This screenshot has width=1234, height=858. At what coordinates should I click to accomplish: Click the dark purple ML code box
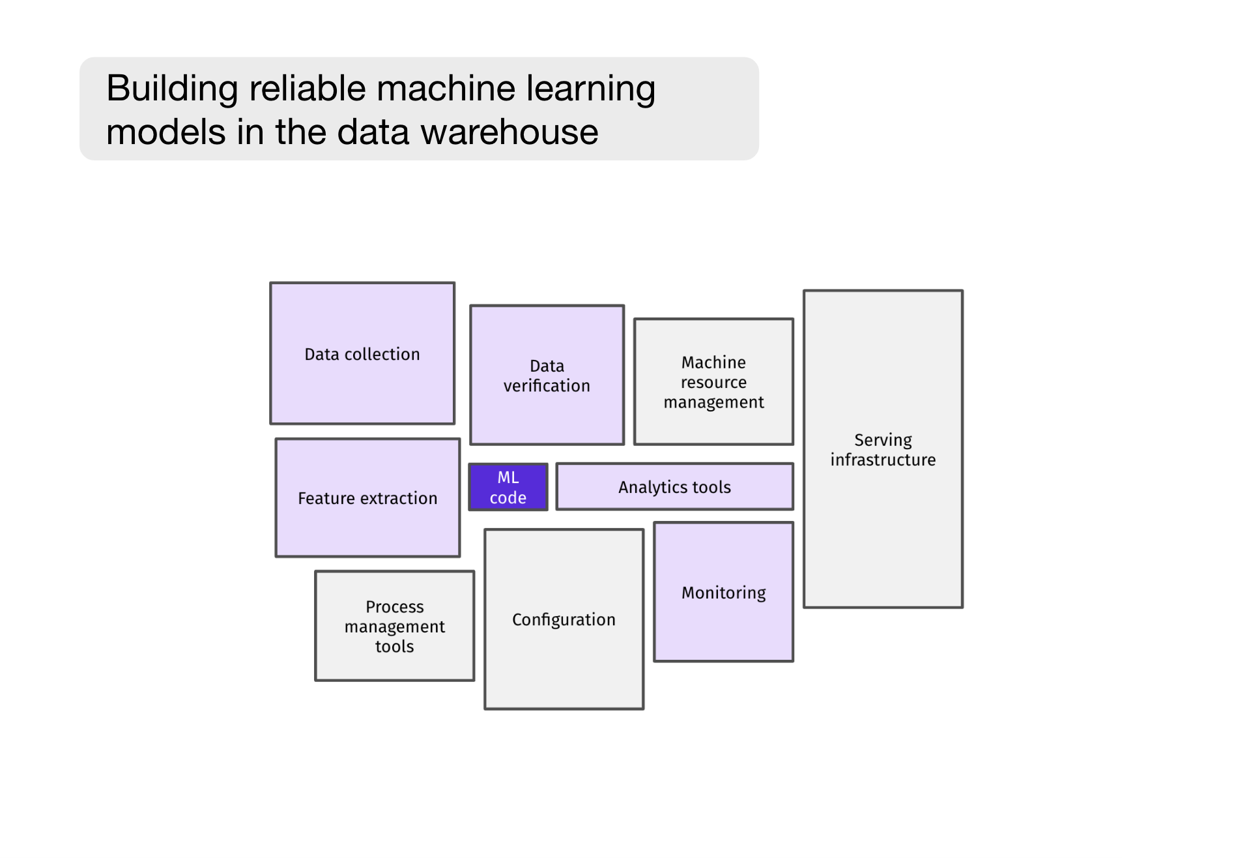[508, 487]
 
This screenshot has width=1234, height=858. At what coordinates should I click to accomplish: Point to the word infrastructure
[883, 460]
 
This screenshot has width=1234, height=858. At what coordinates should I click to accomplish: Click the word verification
[547, 386]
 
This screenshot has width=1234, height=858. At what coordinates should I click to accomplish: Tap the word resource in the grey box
[713, 383]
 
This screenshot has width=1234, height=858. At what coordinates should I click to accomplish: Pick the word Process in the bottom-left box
[394, 607]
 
